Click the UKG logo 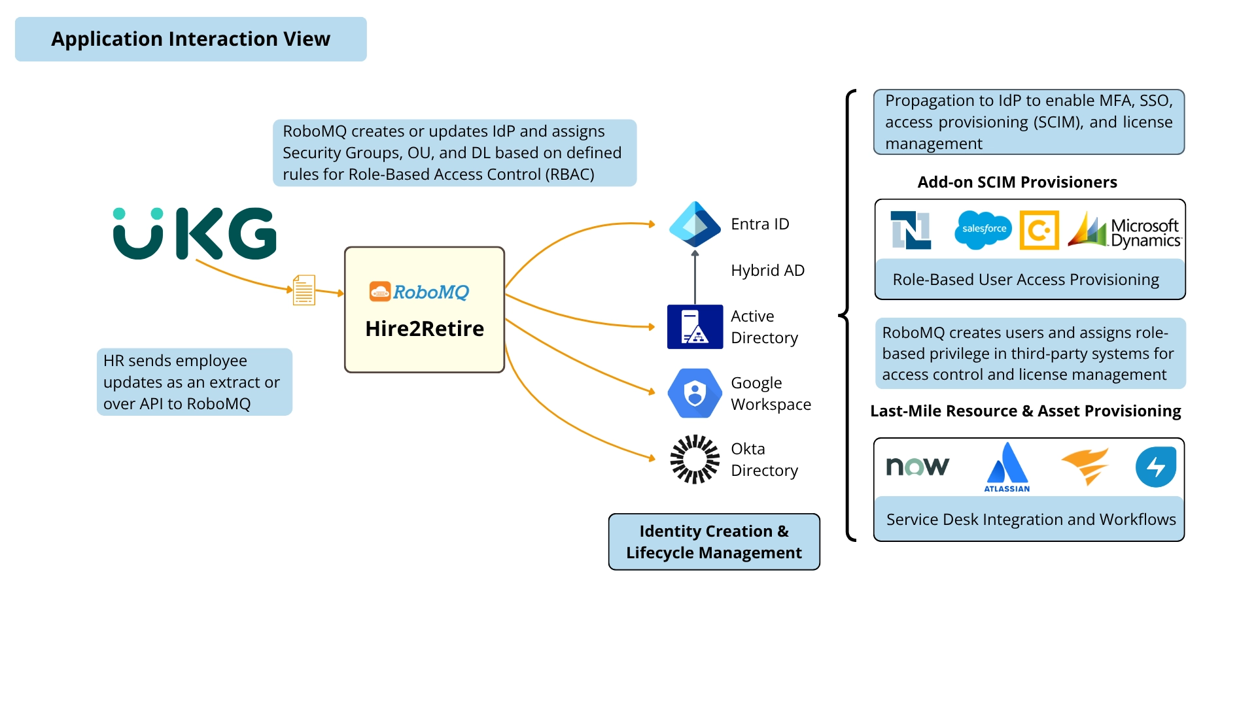(x=194, y=233)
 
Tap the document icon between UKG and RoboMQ (x=304, y=290)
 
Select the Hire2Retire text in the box (x=425, y=329)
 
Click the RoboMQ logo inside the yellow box (x=419, y=292)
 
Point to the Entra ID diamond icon (x=695, y=224)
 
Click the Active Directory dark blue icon (x=695, y=327)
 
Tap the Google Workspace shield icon (x=695, y=393)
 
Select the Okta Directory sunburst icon (x=695, y=459)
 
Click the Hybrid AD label (x=767, y=271)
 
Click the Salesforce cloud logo (x=983, y=229)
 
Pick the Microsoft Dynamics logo (x=1125, y=231)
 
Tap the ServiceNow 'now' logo (x=917, y=466)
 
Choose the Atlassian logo (x=1007, y=467)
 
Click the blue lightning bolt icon (x=1155, y=467)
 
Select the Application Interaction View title (x=191, y=39)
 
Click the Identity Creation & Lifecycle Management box (x=714, y=542)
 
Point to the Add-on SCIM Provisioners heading (x=1017, y=182)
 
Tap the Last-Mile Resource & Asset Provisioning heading (x=1025, y=411)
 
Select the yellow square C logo (x=1039, y=230)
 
